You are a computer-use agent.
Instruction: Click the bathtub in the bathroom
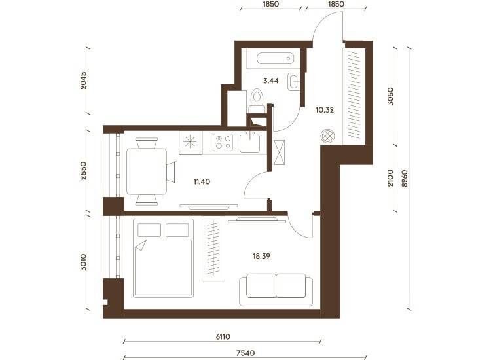[x=275, y=58]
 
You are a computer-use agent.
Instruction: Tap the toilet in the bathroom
[x=257, y=101]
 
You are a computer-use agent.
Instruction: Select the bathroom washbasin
[x=294, y=82]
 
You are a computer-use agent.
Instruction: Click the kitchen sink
[x=249, y=143]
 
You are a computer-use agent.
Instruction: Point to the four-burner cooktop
[x=223, y=142]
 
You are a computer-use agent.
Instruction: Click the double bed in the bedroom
[x=163, y=258]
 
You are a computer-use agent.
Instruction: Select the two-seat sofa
[x=276, y=289]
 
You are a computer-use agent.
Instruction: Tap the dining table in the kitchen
[x=147, y=171]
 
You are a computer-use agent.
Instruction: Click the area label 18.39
[x=261, y=256]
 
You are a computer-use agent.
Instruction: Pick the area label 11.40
[x=202, y=181]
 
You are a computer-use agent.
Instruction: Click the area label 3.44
[x=271, y=81]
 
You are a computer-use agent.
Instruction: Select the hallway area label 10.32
[x=325, y=110]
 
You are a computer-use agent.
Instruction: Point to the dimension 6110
[x=223, y=337]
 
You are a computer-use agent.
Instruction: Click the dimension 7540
[x=245, y=353]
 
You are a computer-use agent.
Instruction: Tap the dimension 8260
[x=405, y=179]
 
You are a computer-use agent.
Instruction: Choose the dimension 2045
[x=83, y=81]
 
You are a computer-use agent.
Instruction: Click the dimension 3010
[x=83, y=262]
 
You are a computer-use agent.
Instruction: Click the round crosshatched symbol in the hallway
[x=327, y=136]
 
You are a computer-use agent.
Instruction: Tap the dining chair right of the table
[x=172, y=172]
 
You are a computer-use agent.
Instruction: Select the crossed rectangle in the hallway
[x=279, y=153]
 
